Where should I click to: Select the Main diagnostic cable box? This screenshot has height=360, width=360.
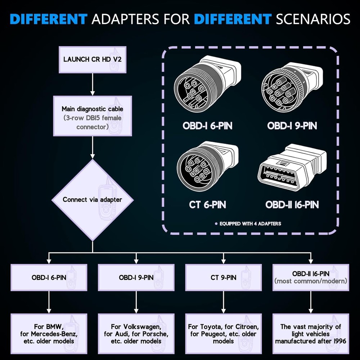click(93, 116)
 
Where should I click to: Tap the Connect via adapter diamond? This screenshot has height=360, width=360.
click(93, 200)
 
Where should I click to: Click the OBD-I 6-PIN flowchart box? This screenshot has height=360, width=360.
click(49, 278)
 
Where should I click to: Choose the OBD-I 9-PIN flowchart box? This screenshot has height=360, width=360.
click(136, 278)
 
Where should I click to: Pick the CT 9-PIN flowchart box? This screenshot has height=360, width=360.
click(223, 278)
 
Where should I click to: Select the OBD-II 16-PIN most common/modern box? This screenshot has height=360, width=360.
click(311, 278)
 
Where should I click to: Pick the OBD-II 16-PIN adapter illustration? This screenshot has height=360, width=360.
click(292, 166)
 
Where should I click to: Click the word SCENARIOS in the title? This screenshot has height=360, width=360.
click(313, 19)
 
